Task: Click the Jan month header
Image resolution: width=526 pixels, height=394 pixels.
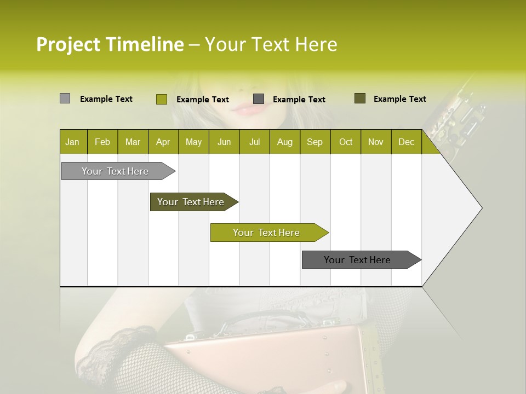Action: pos(73,142)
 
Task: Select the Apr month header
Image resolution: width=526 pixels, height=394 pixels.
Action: pos(163,142)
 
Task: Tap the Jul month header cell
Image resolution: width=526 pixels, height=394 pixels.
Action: pos(254,142)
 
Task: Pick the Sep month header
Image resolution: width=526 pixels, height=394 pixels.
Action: pos(315,142)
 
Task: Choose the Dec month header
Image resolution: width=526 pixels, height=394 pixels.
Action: pos(406,142)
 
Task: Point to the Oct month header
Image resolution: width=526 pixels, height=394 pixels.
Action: pos(345,142)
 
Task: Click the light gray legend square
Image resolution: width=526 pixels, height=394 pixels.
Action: pos(65,99)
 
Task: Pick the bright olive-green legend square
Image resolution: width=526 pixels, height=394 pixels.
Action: pos(161,99)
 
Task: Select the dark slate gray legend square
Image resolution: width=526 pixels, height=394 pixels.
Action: pos(259,99)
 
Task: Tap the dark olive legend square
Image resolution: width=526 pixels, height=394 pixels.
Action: pos(359,99)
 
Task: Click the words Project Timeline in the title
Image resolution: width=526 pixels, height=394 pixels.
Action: pos(110,44)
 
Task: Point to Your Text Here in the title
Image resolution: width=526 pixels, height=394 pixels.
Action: pos(271,44)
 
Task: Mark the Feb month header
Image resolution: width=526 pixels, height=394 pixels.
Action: pos(102,142)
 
